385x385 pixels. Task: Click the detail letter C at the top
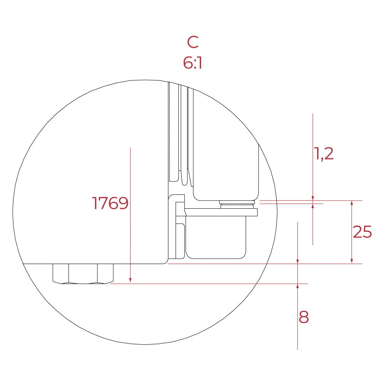[x=192, y=42]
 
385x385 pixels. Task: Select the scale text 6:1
[x=192, y=63]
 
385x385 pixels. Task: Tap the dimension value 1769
[x=110, y=203]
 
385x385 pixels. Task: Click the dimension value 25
[x=362, y=232]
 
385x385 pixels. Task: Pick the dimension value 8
[x=304, y=318]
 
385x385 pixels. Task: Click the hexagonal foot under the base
[x=83, y=274]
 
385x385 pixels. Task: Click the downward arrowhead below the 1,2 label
[x=313, y=198]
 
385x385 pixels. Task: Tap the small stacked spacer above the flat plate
[x=237, y=204]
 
